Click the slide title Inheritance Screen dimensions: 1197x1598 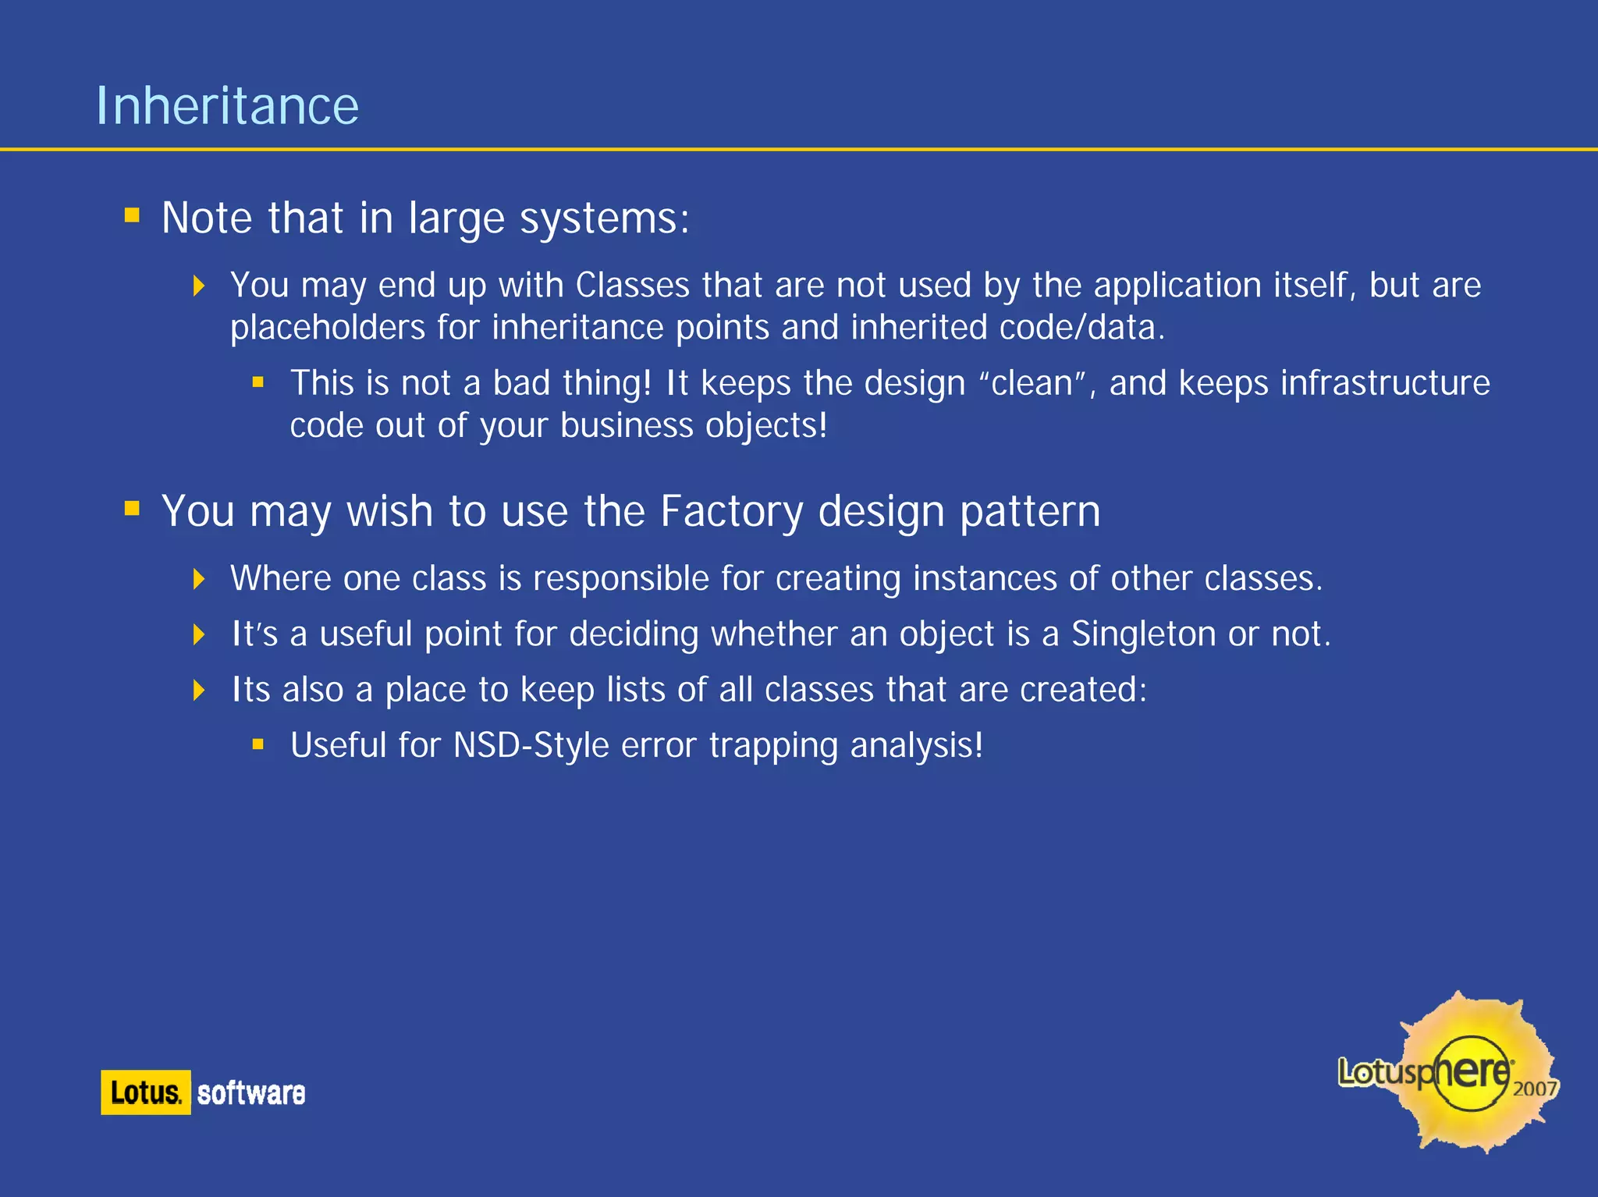pos(227,106)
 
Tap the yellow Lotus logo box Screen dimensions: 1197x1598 pos(145,1092)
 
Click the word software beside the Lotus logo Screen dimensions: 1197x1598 pos(250,1093)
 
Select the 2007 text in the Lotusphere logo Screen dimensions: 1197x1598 pos(1534,1088)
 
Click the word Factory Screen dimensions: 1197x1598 pos(731,512)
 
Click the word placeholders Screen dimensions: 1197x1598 pos(328,327)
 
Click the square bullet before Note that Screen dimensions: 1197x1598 pos(132,215)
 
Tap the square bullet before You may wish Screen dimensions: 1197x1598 pos(132,510)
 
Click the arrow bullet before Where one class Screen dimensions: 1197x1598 pos(199,579)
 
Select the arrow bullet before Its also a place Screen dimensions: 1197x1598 pos(199,690)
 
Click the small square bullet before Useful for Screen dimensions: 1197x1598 pos(258,745)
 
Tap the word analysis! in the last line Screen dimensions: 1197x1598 pos(916,745)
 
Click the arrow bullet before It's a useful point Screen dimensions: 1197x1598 pos(199,634)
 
